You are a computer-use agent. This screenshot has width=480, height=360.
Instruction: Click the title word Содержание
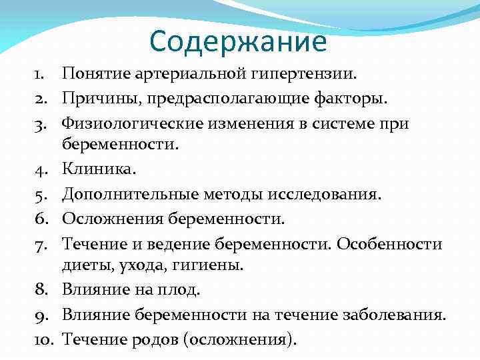pos(238,41)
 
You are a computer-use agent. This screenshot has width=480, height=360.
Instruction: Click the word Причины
pos(94,98)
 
